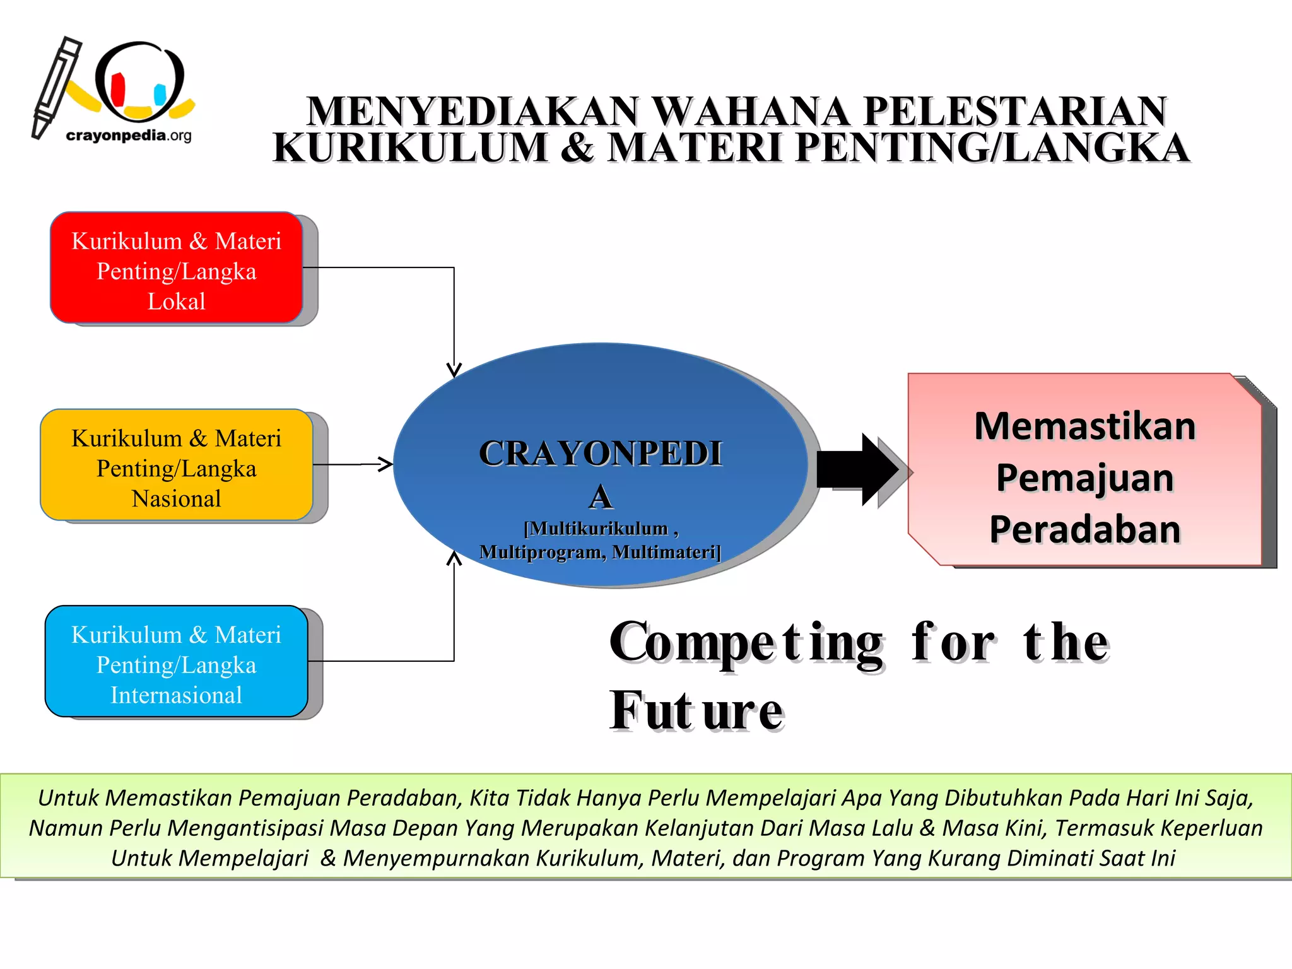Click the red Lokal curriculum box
coord(177,267)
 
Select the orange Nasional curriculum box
coord(177,465)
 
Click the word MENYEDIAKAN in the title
coord(473,112)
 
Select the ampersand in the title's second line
coord(577,148)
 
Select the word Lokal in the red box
coord(177,301)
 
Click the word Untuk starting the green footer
coord(68,797)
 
